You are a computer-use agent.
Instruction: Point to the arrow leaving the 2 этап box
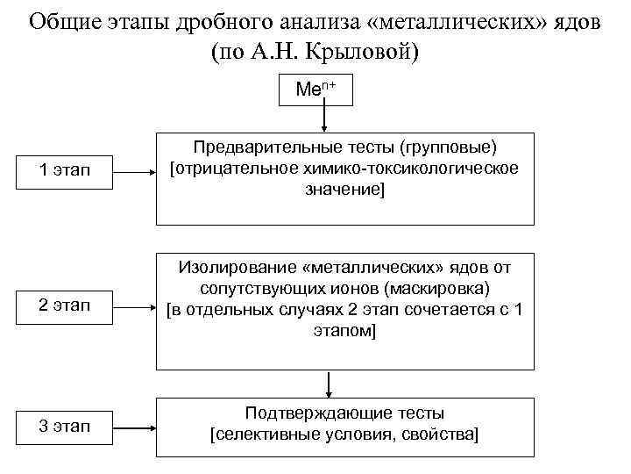tap(135, 307)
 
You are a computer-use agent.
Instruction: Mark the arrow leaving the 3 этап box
tap(135, 427)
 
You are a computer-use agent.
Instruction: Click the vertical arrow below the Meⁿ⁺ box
tap(325, 118)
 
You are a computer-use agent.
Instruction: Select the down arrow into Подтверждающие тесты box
tap(329, 384)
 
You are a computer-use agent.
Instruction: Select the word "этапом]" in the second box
tap(344, 331)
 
